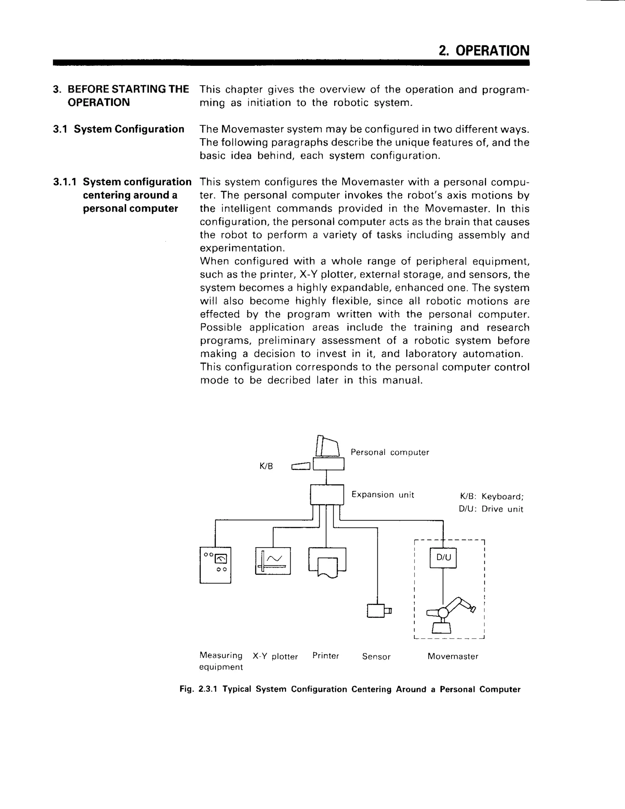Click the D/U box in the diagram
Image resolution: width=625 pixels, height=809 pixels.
pyautogui.click(x=443, y=557)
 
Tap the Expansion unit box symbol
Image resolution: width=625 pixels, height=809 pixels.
pyautogui.click(x=327, y=495)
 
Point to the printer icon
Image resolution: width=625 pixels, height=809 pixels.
pyautogui.click(x=327, y=561)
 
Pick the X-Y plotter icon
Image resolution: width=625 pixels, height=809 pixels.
pyautogui.click(x=273, y=561)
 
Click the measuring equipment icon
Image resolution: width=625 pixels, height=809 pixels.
pyautogui.click(x=215, y=565)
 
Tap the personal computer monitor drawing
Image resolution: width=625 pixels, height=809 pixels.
pyautogui.click(x=328, y=447)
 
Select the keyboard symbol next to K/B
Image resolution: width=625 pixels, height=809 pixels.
pyautogui.click(x=300, y=466)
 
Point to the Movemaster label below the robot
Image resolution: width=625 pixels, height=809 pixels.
pyautogui.click(x=453, y=656)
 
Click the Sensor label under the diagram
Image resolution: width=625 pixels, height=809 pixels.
pyautogui.click(x=376, y=657)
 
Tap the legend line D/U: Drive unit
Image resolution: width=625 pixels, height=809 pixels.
pyautogui.click(x=491, y=509)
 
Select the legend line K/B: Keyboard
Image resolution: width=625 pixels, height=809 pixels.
pyautogui.click(x=491, y=496)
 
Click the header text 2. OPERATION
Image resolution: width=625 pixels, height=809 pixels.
pyautogui.click(x=484, y=51)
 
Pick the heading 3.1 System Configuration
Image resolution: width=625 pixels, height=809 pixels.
pyautogui.click(x=118, y=129)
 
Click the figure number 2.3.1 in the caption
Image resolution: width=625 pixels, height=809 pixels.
pyautogui.click(x=208, y=689)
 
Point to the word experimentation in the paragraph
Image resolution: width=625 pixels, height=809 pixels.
pyautogui.click(x=241, y=248)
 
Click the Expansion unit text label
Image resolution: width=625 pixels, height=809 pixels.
pyautogui.click(x=382, y=495)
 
